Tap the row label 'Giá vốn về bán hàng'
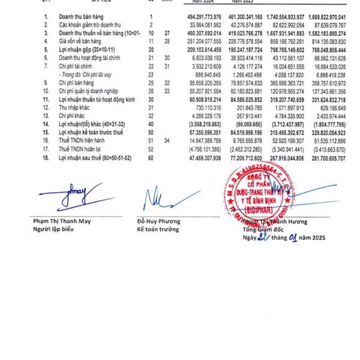[84, 41]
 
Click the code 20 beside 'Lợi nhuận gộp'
[152, 49]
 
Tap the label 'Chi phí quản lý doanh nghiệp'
[97, 89]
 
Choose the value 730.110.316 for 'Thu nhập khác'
[209, 104]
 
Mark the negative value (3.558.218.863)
[206, 120]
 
